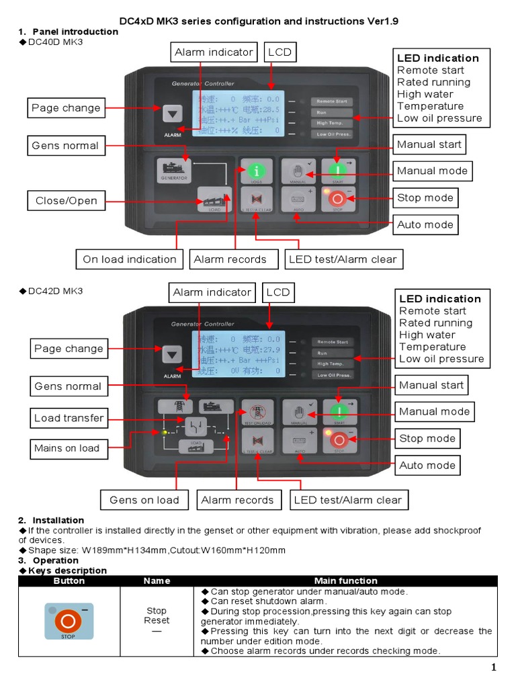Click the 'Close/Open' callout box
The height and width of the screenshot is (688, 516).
click(67, 200)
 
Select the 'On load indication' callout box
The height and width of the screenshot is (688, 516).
click(129, 259)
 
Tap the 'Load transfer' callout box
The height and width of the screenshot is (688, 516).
click(69, 418)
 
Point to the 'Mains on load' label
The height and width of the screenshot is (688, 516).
click(67, 448)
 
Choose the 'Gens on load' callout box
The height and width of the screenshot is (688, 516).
click(144, 500)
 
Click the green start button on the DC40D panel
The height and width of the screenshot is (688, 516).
click(338, 171)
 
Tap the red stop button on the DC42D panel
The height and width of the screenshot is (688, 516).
click(339, 439)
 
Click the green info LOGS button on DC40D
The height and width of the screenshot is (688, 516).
click(256, 171)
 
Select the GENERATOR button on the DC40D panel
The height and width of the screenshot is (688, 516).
click(173, 171)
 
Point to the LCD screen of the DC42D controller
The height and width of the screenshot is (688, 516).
click(239, 355)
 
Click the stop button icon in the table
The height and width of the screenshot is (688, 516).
click(69, 620)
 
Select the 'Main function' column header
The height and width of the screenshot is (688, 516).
click(345, 580)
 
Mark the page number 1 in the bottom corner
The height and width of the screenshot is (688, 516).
click(493, 667)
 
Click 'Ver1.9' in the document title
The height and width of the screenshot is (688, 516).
click(383, 21)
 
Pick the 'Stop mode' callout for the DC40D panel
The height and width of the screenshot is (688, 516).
click(425, 198)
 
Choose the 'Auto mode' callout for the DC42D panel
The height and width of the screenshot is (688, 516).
click(427, 465)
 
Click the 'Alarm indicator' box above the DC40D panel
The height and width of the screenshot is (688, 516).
click(214, 52)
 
